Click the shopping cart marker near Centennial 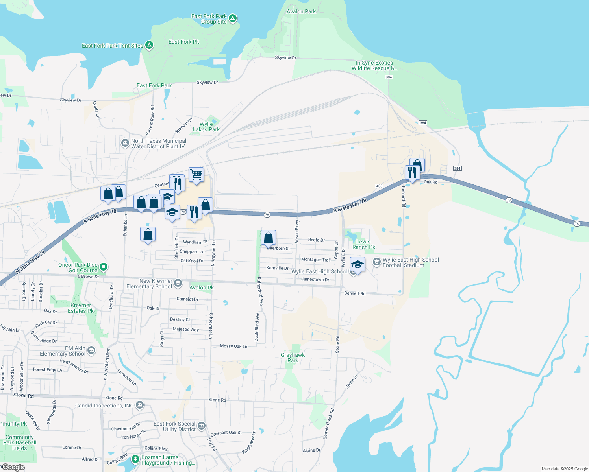pyautogui.click(x=196, y=174)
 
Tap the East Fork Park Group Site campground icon pyautogui.click(x=233, y=18)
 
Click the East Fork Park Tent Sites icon pyautogui.click(x=149, y=45)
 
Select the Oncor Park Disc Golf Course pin pyautogui.click(x=104, y=267)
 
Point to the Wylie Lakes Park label pyautogui.click(x=206, y=127)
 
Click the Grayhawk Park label pyautogui.click(x=293, y=358)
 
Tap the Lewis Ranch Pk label pyautogui.click(x=363, y=244)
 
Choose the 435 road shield pyautogui.click(x=379, y=186)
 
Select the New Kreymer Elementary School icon pyautogui.click(x=178, y=283)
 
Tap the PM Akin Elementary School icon pyautogui.click(x=91, y=350)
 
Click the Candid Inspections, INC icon pyautogui.click(x=140, y=405)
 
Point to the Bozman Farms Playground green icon pyautogui.click(x=135, y=459)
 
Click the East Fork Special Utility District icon pyautogui.click(x=202, y=426)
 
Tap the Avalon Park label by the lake pyautogui.click(x=301, y=11)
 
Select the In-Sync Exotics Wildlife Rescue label pyautogui.click(x=374, y=65)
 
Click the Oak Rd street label pyautogui.click(x=430, y=182)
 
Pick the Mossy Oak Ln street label pyautogui.click(x=233, y=346)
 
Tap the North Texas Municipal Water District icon pyautogui.click(x=125, y=143)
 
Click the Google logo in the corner pyautogui.click(x=13, y=467)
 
